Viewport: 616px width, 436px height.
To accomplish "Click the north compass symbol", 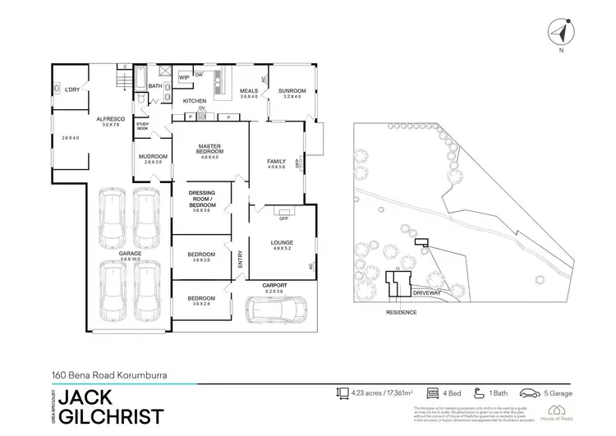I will [561, 33].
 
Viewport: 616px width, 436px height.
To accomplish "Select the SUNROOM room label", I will [292, 91].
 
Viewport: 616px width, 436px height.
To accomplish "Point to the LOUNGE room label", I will [282, 242].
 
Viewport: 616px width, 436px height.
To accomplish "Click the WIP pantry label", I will [184, 78].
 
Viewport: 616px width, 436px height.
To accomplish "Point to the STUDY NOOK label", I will [142, 127].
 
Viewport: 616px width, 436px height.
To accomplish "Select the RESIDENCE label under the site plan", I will [402, 313].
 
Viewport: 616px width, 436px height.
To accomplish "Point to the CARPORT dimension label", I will [274, 287].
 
